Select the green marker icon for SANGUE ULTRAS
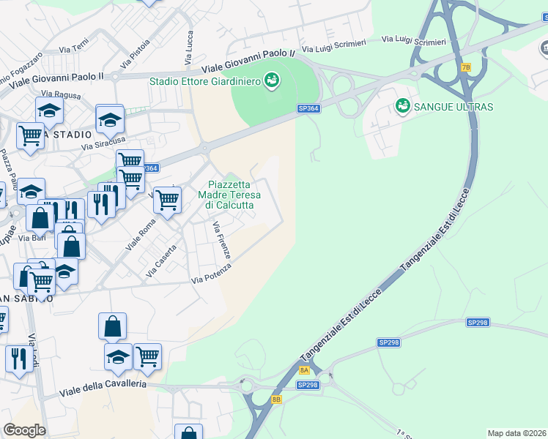[x=402, y=107]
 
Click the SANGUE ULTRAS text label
[x=453, y=107]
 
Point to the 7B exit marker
[x=466, y=67]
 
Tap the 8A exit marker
[x=305, y=371]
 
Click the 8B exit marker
[x=276, y=399]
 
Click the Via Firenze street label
[x=222, y=241]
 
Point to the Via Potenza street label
[x=211, y=274]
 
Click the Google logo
[x=24, y=430]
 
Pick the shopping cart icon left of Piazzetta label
[x=168, y=198]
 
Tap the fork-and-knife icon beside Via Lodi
[x=18, y=358]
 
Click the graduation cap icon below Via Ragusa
[x=49, y=110]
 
